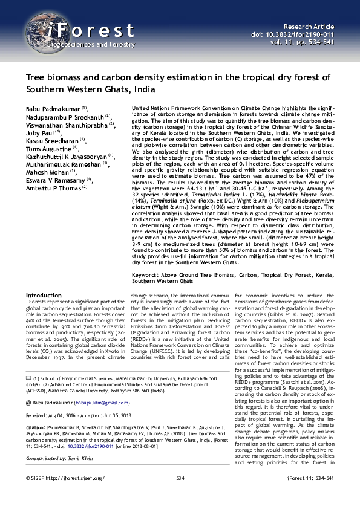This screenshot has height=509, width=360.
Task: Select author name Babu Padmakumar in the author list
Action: coord(53,107)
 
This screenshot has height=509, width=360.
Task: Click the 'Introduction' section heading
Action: coord(44,295)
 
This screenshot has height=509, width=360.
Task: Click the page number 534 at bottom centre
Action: coord(180,494)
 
